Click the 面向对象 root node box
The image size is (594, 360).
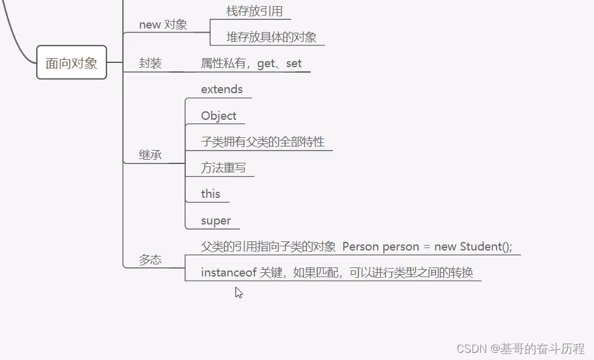tap(71, 63)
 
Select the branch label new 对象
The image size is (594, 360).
tap(163, 25)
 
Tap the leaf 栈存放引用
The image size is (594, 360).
tap(254, 11)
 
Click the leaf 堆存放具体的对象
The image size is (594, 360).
tap(271, 37)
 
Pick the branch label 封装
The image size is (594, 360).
tap(150, 64)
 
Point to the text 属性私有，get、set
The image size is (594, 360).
tap(251, 64)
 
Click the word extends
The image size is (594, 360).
tap(222, 90)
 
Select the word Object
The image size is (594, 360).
tap(219, 116)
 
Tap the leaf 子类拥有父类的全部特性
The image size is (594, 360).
tap(263, 142)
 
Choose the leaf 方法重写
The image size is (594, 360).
tap(223, 168)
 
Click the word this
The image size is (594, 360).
tap(211, 194)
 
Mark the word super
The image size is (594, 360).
tap(216, 221)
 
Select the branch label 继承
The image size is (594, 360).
tap(150, 155)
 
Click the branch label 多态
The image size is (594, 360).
tap(150, 260)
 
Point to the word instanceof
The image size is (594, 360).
tap(229, 273)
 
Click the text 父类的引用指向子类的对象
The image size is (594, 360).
tap(268, 247)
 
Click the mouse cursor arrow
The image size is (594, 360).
tap(238, 292)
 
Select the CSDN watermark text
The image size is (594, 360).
tap(520, 349)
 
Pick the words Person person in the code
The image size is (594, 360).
tap(381, 247)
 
